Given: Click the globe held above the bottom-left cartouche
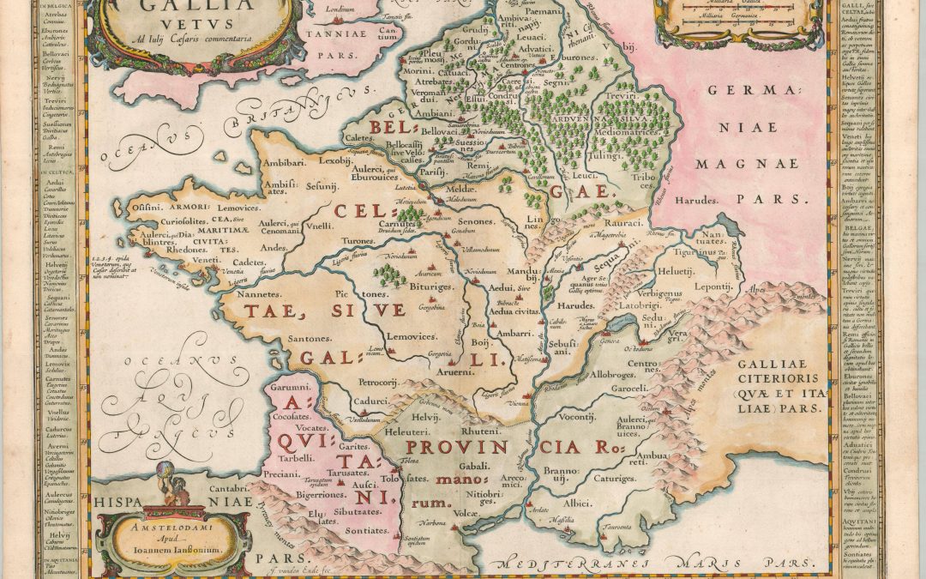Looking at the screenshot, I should click(169, 470).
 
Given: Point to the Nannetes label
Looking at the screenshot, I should click(255, 294).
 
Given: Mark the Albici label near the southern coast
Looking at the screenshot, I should click(576, 504).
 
